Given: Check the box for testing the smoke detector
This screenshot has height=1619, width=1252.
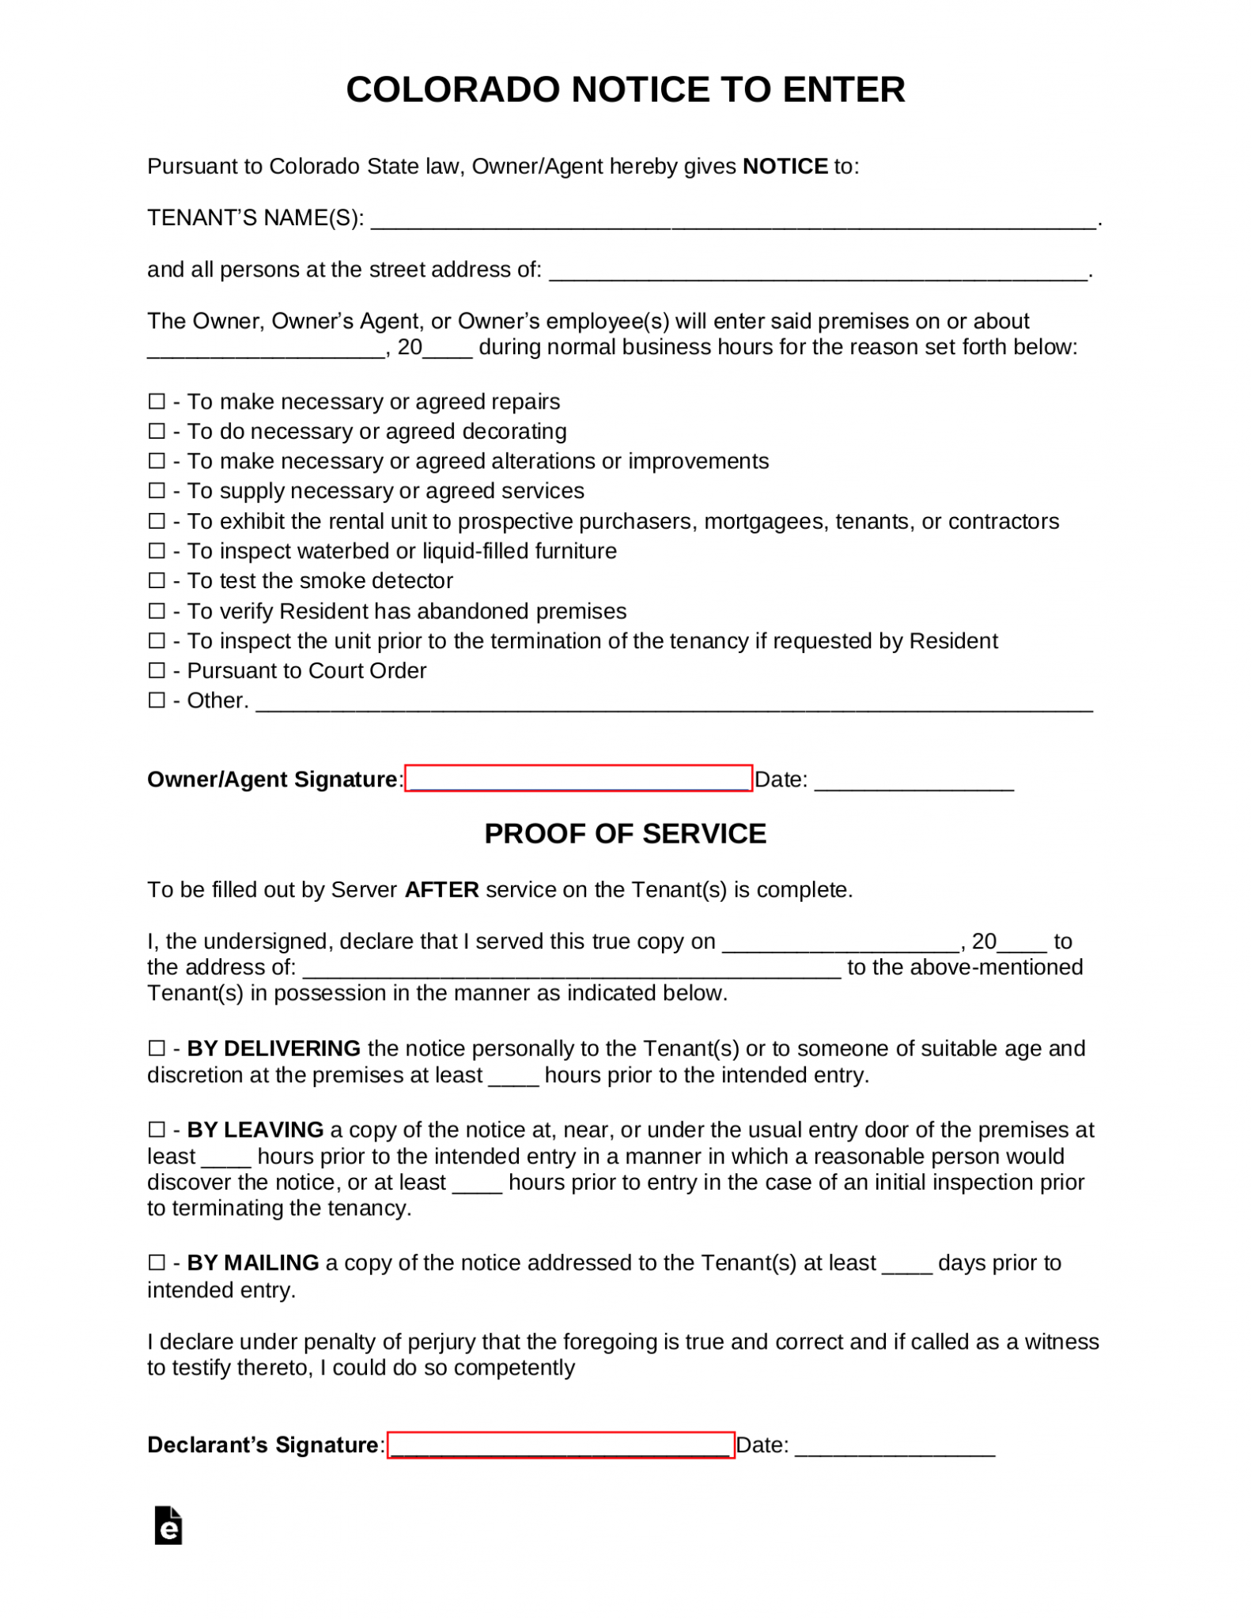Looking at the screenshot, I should (x=157, y=581).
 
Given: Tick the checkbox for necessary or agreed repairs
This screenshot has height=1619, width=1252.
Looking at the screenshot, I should (x=157, y=402).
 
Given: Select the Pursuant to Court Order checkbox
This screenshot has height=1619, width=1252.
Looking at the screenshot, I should (x=157, y=671).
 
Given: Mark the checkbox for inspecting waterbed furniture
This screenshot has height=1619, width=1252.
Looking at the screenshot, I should (x=157, y=551).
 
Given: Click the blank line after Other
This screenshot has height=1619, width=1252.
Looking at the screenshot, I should (x=674, y=704).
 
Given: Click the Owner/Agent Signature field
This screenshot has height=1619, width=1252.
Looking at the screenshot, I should (x=578, y=779).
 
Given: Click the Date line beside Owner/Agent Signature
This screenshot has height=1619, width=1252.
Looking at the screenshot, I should (x=913, y=783).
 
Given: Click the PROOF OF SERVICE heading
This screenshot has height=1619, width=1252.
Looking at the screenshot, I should (x=625, y=834).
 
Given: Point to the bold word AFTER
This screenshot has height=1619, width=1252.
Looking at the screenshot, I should (x=441, y=890).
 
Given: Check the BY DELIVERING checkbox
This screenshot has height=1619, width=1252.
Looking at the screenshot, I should (x=157, y=1049).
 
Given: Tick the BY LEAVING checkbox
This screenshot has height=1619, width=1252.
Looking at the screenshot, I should (x=157, y=1130).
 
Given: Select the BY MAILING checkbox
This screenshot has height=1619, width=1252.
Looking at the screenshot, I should (x=157, y=1263).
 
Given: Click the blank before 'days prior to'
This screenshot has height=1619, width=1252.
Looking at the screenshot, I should (x=906, y=1266).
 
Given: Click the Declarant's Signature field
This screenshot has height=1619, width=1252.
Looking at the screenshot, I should (x=561, y=1445).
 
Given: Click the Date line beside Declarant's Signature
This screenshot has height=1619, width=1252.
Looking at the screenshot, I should (x=895, y=1448).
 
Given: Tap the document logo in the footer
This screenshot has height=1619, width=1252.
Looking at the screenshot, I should (x=168, y=1527).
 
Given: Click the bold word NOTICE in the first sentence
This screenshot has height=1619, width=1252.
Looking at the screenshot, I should (x=785, y=167).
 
